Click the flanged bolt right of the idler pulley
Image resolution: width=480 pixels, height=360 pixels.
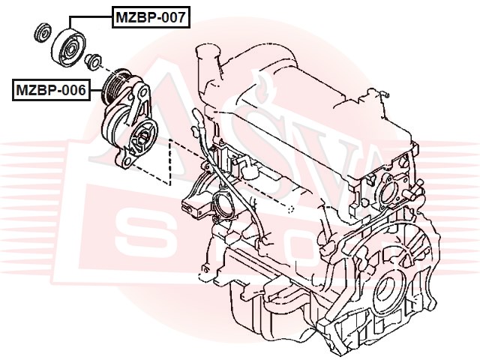point(94,61)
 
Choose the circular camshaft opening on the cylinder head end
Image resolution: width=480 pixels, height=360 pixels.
point(389,192)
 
